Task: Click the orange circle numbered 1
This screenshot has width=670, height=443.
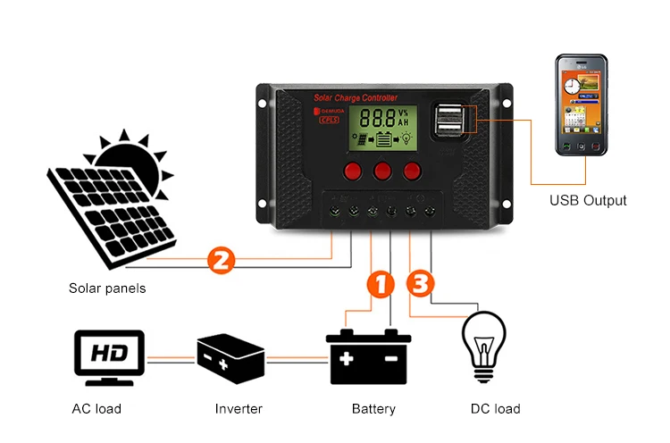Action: [x=381, y=285]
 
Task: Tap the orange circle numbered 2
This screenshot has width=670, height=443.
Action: [x=221, y=260]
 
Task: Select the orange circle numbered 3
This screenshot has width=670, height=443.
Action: [x=422, y=284]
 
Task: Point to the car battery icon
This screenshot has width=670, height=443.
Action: [x=368, y=357]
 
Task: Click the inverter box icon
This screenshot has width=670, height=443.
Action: [x=230, y=358]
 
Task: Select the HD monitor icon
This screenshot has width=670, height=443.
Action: [x=108, y=357]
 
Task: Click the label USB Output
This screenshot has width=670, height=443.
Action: [x=588, y=200]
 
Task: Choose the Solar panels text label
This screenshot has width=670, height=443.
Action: [x=107, y=288]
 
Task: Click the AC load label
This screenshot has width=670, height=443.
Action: [x=96, y=409]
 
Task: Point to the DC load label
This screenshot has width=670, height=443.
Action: [x=495, y=409]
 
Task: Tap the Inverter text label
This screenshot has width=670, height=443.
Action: [x=239, y=409]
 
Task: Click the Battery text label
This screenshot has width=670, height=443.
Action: [x=373, y=409]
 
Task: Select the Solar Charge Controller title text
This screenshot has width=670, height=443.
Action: [x=355, y=96]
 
